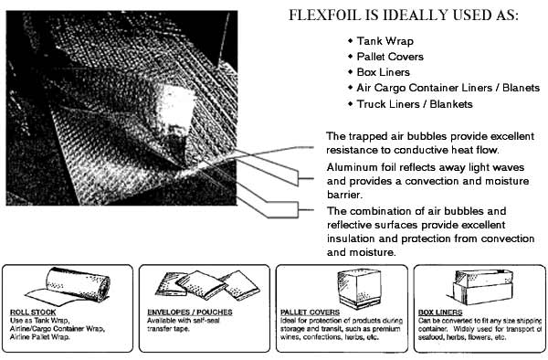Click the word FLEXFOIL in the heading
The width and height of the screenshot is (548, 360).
pyautogui.click(x=324, y=15)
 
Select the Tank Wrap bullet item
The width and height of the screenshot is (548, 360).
pyautogui.click(x=385, y=41)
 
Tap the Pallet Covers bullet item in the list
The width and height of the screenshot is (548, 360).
pyautogui.click(x=390, y=57)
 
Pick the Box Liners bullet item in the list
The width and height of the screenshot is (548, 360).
pyautogui.click(x=383, y=72)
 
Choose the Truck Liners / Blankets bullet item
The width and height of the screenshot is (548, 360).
pyautogui.click(x=415, y=104)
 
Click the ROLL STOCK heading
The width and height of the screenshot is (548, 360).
pyautogui.click(x=33, y=312)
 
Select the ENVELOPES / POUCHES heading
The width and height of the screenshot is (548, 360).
pyautogui.click(x=190, y=312)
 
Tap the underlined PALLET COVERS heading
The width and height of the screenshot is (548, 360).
pyautogui.click(x=310, y=312)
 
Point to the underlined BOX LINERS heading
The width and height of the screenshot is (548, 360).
pyautogui.click(x=440, y=312)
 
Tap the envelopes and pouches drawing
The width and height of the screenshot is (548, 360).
pyautogui.click(x=207, y=285)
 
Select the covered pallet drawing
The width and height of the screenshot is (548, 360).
pyautogui.click(x=359, y=288)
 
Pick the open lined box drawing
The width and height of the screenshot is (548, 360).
pyautogui.click(x=481, y=287)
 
